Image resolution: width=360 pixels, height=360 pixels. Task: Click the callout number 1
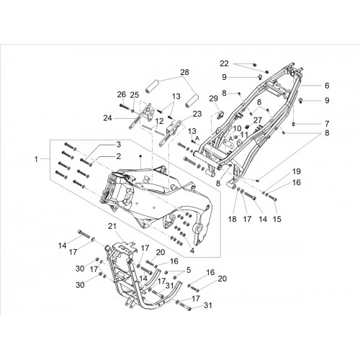pyautogui.click(x=36, y=159)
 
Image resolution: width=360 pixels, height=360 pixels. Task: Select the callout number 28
pyautogui.click(x=185, y=72)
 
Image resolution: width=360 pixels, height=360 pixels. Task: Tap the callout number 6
pyautogui.click(x=327, y=86)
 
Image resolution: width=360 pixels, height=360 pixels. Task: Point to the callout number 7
pyautogui.click(x=327, y=124)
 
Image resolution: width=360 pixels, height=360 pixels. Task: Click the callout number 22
pyautogui.click(x=225, y=63)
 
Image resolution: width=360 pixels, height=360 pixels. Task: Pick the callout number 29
pyautogui.click(x=213, y=99)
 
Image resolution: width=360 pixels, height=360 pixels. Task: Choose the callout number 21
pyautogui.click(x=112, y=226)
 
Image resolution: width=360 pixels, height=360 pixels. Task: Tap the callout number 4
pyautogui.click(x=192, y=251)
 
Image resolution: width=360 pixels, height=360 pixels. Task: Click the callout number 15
pyautogui.click(x=277, y=219)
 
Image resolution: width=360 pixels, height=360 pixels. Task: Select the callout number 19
pyautogui.click(x=297, y=171)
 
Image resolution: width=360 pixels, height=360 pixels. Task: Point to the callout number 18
pyautogui.click(x=233, y=219)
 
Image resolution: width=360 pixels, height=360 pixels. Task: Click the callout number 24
pyautogui.click(x=108, y=118)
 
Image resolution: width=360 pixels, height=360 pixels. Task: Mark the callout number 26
pyautogui.click(x=122, y=94)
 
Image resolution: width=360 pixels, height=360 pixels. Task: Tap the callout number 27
pyautogui.click(x=258, y=120)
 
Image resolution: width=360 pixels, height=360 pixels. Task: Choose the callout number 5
pyautogui.click(x=189, y=270)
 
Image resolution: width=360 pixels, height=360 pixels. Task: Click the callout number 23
pyautogui.click(x=197, y=114)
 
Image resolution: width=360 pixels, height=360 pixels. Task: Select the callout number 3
pyautogui.click(x=118, y=145)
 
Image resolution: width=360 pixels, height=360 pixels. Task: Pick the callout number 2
pyautogui.click(x=118, y=156)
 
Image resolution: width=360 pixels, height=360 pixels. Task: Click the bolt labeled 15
pyautogui.click(x=273, y=198)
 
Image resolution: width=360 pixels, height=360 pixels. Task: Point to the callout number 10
pyautogui.click(x=237, y=128)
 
